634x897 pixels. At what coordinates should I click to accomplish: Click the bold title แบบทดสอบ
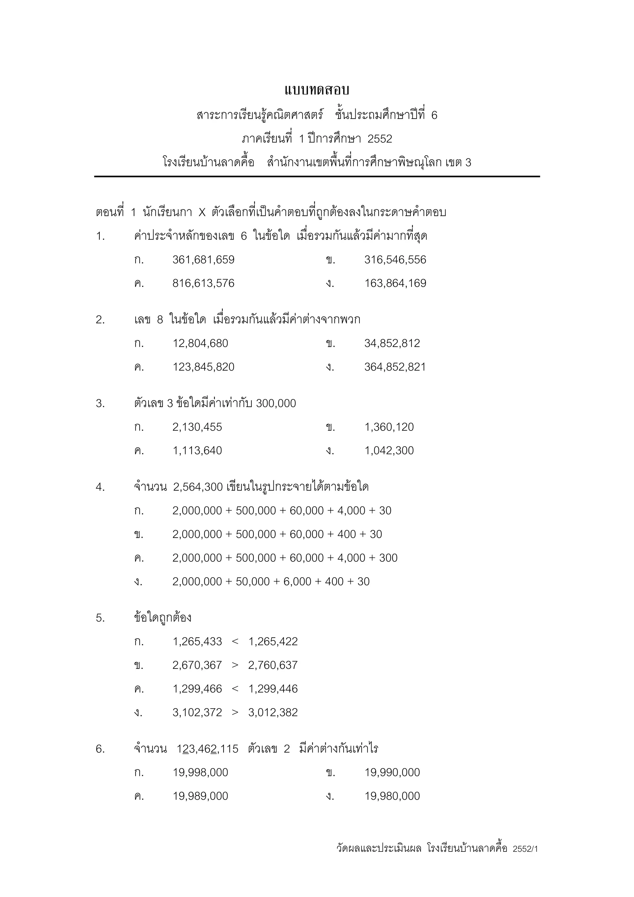[x=316, y=90]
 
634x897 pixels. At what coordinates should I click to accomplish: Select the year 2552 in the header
[x=380, y=139]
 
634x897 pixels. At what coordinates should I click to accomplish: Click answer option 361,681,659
[x=203, y=260]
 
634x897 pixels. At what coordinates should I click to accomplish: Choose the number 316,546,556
[x=395, y=260]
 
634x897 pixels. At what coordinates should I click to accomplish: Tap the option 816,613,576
[x=203, y=283]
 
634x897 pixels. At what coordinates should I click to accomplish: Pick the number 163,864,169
[x=395, y=283]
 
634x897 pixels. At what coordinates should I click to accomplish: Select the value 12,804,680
[x=200, y=343]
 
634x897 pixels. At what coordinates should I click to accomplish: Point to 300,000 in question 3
[x=276, y=403]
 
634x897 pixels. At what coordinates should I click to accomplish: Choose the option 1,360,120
[x=389, y=427]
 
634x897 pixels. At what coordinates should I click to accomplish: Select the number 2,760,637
[x=273, y=665]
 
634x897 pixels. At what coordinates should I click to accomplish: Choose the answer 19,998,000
[x=200, y=772]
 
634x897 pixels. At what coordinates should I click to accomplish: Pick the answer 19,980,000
[x=392, y=796]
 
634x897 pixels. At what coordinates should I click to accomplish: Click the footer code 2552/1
[x=525, y=849]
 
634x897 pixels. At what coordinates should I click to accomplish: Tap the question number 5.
[x=100, y=618]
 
